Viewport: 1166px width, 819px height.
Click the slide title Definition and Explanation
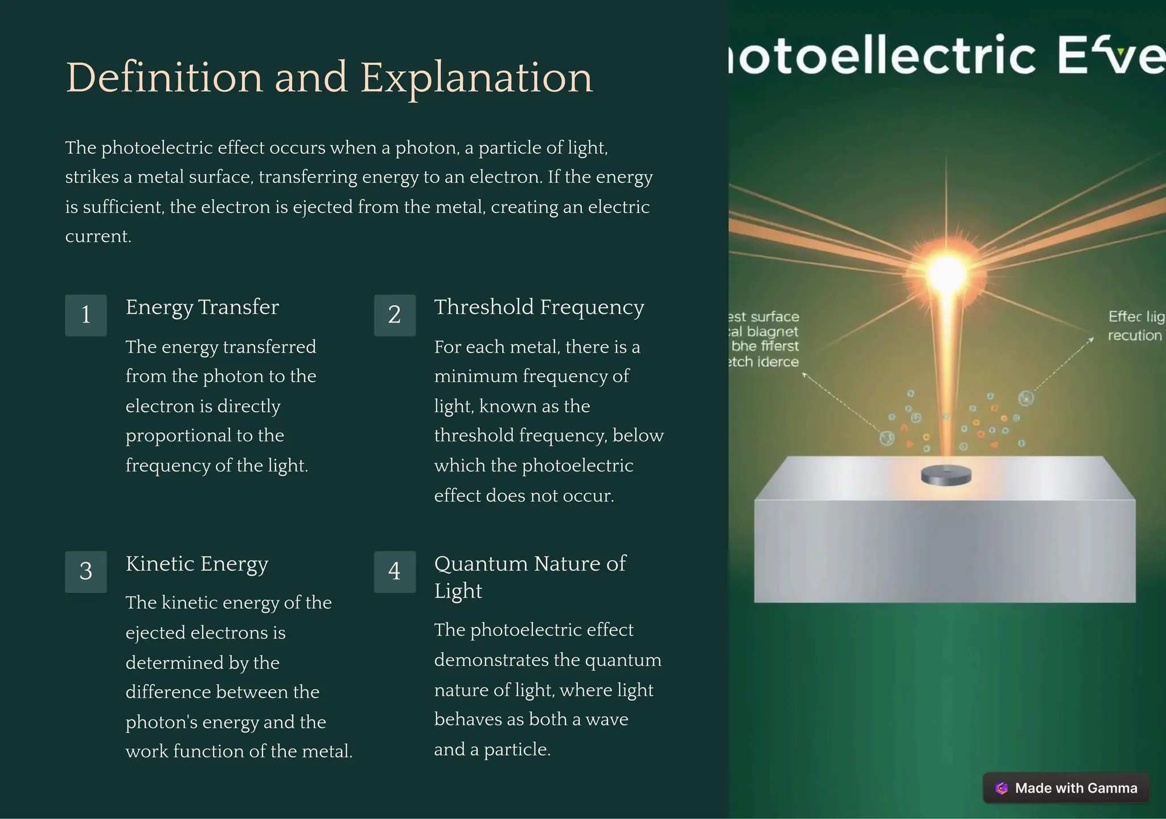pyautogui.click(x=329, y=77)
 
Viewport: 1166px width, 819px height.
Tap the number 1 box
pyautogui.click(x=86, y=315)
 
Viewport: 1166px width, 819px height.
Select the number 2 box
pyautogui.click(x=395, y=315)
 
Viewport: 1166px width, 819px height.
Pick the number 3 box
pyautogui.click(x=86, y=571)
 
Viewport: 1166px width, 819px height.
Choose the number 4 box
pyautogui.click(x=395, y=571)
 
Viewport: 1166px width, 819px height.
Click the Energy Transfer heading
pyautogui.click(x=202, y=307)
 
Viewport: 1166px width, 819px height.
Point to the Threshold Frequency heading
pyautogui.click(x=539, y=307)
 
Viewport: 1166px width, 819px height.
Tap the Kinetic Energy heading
pyautogui.click(x=197, y=563)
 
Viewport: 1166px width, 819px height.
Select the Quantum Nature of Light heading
pyautogui.click(x=529, y=576)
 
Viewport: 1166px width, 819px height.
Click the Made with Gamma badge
pyautogui.click(x=1066, y=788)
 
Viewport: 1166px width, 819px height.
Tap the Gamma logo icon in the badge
pyautogui.click(x=1002, y=788)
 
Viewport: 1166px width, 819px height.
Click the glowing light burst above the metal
pyautogui.click(x=946, y=273)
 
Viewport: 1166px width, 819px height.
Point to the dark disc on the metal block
pyautogui.click(x=946, y=475)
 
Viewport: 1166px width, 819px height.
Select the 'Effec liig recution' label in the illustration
pyautogui.click(x=1135, y=326)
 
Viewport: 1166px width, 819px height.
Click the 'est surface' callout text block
pyautogui.click(x=763, y=339)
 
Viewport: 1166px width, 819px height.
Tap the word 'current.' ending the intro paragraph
pyautogui.click(x=98, y=236)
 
